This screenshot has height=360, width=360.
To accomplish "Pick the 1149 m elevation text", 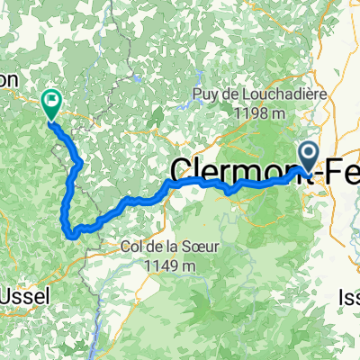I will coord(168,265).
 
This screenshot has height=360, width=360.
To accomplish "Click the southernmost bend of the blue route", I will coord(72,235).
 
